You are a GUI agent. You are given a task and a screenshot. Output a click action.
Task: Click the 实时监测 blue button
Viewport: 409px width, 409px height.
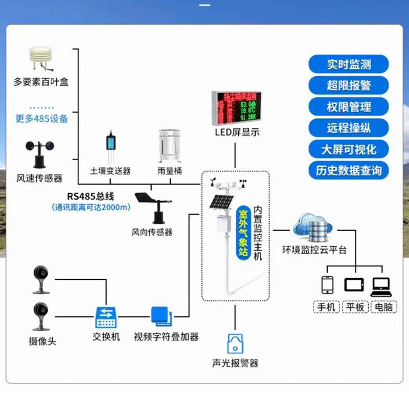(x=349, y=64)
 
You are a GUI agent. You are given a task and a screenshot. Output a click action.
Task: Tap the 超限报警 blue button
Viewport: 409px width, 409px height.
(x=349, y=85)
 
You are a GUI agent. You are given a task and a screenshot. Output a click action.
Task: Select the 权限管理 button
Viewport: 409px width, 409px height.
(x=349, y=107)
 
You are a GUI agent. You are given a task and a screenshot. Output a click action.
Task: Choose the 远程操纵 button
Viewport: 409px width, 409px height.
(x=349, y=128)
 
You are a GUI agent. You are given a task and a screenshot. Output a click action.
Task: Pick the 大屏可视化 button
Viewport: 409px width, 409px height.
(x=349, y=149)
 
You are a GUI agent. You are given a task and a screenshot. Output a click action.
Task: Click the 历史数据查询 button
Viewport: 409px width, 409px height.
(x=349, y=170)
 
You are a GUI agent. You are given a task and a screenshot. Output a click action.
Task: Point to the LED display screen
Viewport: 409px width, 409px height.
(x=237, y=107)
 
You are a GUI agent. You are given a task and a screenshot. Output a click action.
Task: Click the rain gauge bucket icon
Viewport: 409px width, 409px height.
(x=170, y=146)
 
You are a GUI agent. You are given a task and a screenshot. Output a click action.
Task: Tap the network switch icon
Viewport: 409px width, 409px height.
(x=106, y=317)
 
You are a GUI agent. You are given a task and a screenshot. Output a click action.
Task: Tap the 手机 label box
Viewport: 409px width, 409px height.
(x=326, y=307)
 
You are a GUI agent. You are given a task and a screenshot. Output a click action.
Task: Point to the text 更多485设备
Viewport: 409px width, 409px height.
(x=41, y=119)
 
